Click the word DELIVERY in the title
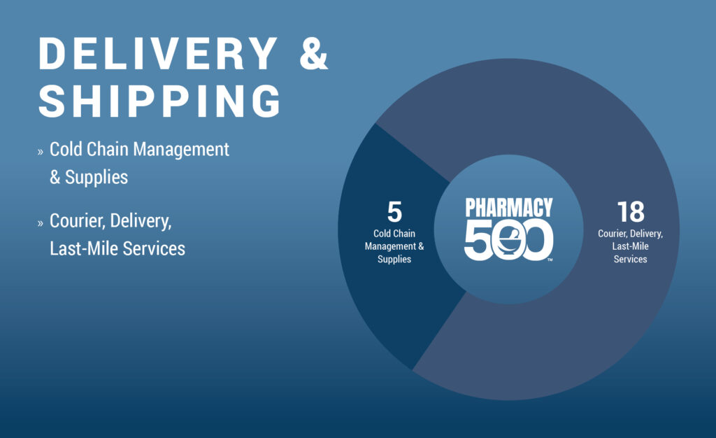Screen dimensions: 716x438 click(x=158, y=53)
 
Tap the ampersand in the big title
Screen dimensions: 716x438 click(x=314, y=53)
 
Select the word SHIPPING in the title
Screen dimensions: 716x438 click(x=159, y=101)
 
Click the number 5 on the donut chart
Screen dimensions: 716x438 click(x=394, y=212)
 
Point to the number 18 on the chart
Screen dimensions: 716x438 click(x=631, y=212)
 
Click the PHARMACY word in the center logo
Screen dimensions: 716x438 click(x=509, y=207)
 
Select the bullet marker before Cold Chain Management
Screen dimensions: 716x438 click(x=40, y=152)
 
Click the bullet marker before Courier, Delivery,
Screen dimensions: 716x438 click(x=40, y=223)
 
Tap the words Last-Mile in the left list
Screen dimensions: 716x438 click(x=84, y=248)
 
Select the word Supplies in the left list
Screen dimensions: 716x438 click(x=96, y=178)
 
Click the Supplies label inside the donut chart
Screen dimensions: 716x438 click(x=394, y=260)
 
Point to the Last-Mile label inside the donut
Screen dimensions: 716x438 click(x=630, y=246)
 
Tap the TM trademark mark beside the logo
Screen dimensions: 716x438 click(x=550, y=260)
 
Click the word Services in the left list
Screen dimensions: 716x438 click(x=154, y=248)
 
